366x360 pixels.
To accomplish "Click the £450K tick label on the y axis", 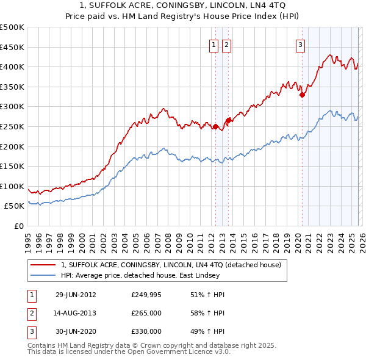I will point(12,47).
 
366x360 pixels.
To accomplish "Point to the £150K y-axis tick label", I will point(12,166).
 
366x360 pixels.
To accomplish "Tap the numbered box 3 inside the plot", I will point(301,44).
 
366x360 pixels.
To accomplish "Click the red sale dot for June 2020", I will point(302,95).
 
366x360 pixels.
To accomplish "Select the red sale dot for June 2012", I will point(215,127).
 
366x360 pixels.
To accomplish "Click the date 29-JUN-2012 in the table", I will point(76,295).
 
